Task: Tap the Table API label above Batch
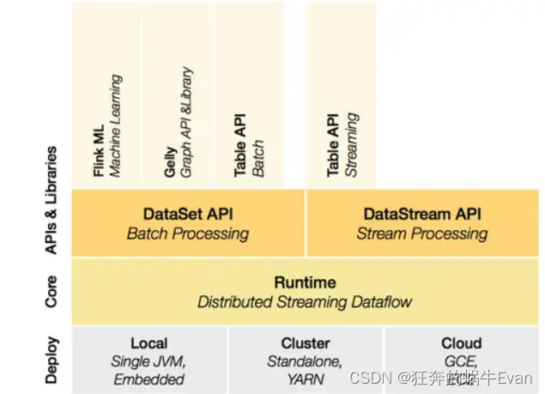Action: pyautogui.click(x=240, y=144)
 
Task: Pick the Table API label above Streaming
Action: pyautogui.click(x=334, y=144)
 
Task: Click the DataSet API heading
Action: pyautogui.click(x=188, y=214)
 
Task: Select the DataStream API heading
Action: pyautogui.click(x=423, y=214)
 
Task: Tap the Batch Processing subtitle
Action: pyautogui.click(x=188, y=233)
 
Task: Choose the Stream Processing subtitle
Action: pyautogui.click(x=423, y=233)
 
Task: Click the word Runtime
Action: pyautogui.click(x=305, y=282)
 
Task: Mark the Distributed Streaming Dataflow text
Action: pyautogui.click(x=305, y=302)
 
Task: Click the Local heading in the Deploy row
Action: pyautogui.click(x=148, y=343)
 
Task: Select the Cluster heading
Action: pyautogui.click(x=306, y=343)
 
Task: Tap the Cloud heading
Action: pyautogui.click(x=462, y=343)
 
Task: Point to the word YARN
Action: pyautogui.click(x=306, y=379)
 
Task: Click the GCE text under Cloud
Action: pyautogui.click(x=462, y=361)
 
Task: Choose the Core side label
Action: pyautogui.click(x=51, y=291)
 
